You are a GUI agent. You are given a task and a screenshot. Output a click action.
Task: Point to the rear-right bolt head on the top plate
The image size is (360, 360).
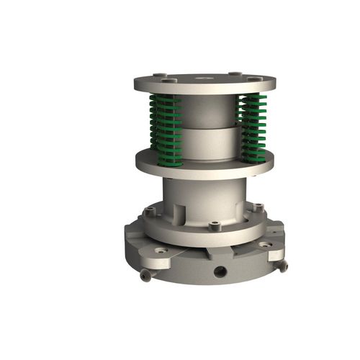[x=235, y=73]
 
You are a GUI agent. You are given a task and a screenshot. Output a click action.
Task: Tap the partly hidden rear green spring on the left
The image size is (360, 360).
[x=153, y=122]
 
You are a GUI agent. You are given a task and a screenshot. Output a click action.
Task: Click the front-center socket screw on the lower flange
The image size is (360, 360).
[x=214, y=226]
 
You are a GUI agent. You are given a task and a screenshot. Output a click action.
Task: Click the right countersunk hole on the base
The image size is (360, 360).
[x=266, y=245]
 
